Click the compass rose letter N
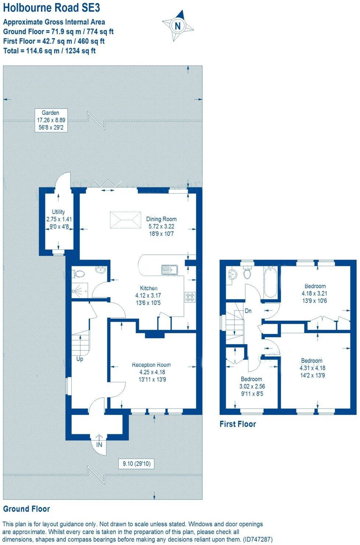point(178,26)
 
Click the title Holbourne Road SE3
point(51,8)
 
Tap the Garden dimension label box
point(51,120)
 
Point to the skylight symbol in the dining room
point(125,220)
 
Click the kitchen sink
point(169,270)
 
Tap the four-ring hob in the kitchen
point(190,297)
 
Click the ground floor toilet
point(79,274)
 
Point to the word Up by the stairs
point(80,359)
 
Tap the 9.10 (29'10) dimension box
point(136,464)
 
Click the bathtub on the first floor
point(270,282)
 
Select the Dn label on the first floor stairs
point(248,311)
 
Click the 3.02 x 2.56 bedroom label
point(252,386)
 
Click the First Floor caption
point(238,424)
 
